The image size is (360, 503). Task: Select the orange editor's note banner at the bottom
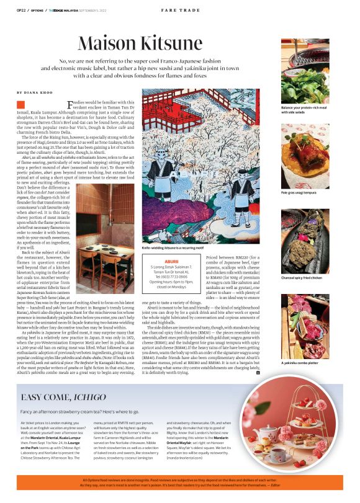click(x=180, y=484)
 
